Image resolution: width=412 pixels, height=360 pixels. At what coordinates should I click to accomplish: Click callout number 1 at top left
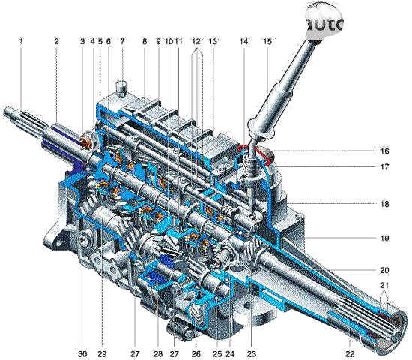click(21, 41)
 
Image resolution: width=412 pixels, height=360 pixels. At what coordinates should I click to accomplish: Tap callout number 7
click(122, 41)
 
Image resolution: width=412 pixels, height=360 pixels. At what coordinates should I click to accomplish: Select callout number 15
click(267, 41)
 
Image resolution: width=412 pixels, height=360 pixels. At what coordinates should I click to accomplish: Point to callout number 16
click(384, 151)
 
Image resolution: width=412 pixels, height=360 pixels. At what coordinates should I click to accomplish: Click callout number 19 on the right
click(384, 238)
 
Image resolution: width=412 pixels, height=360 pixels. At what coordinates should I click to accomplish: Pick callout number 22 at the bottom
click(350, 353)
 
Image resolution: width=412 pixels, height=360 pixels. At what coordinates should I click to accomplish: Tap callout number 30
click(82, 353)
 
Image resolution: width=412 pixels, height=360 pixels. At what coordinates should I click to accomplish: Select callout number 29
click(102, 353)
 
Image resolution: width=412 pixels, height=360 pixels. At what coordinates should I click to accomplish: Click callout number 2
click(56, 41)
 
